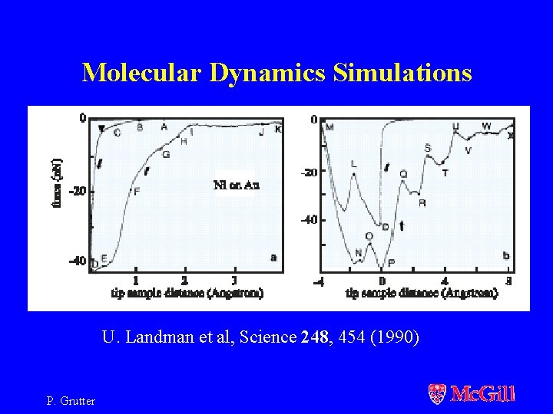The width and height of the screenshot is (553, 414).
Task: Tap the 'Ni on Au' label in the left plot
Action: [234, 184]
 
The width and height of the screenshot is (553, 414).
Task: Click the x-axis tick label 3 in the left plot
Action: [233, 281]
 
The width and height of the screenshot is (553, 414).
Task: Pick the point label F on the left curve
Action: [137, 192]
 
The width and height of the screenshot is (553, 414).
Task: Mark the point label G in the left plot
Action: [166, 154]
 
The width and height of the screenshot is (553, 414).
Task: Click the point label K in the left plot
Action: [278, 130]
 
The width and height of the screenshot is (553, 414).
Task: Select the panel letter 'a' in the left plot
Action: [273, 258]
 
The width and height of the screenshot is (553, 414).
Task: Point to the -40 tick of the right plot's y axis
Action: [307, 220]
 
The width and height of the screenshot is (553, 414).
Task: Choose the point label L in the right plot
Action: [353, 163]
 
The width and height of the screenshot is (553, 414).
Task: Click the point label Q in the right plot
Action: [404, 174]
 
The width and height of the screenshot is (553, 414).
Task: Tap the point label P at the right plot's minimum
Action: [392, 262]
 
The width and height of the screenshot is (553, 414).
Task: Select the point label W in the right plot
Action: [486, 126]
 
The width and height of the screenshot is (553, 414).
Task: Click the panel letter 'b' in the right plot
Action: [505, 255]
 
